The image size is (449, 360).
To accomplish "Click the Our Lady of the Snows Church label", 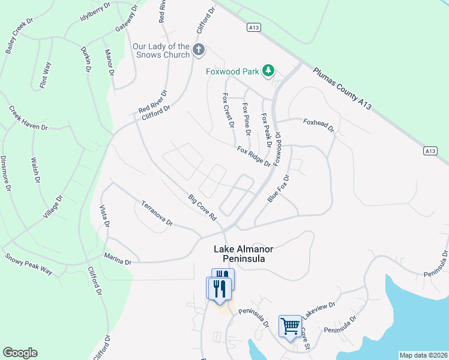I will pos(161,50).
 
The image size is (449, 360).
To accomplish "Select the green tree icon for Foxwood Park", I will pos(268,71).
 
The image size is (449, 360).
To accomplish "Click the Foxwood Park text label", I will pos(232,71).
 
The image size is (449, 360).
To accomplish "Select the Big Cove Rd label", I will pos(202,207).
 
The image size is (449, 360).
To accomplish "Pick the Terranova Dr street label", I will pos(157,213).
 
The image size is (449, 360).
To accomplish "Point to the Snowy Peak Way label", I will pos(29,264).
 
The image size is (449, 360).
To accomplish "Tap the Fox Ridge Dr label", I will pos(253,157).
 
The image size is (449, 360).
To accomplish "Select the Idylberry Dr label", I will pos(96,13).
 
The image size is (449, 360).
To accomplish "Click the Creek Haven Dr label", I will pos(28,118).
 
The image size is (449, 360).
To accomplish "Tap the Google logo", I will pos(20,353).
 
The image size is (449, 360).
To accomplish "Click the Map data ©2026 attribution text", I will pos(423,355).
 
